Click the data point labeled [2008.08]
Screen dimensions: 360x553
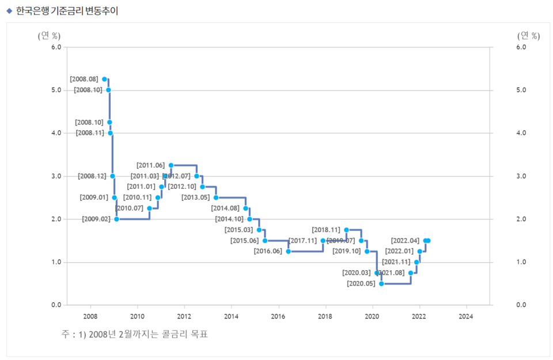[104, 79]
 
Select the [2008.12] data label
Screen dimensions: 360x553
[92, 176]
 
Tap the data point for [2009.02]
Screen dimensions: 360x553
[116, 219]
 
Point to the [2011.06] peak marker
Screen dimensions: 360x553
[171, 165]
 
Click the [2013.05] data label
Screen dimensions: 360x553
[195, 198]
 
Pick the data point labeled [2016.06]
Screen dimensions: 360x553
[289, 251]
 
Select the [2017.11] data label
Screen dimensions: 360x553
[302, 241]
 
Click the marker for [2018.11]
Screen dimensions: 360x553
[346, 230]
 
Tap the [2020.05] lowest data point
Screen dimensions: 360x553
[381, 283]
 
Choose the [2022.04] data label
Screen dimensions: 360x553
[404, 241]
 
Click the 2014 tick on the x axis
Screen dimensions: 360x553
[231, 316]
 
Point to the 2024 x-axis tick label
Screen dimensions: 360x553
[465, 316]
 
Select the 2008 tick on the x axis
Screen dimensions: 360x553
[90, 316]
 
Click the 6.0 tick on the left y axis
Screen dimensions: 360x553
[56, 47]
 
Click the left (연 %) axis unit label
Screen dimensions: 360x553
[49, 36]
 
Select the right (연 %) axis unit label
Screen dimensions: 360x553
[528, 36]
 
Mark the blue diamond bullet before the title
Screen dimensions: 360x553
[9, 11]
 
